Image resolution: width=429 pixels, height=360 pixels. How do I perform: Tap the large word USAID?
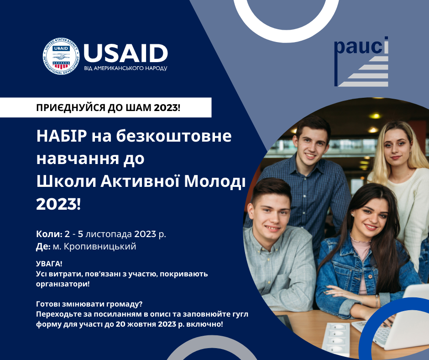[126, 53]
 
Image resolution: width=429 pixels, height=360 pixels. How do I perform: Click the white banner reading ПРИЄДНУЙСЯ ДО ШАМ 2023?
[108, 108]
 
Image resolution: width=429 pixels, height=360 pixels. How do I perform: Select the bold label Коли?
[48, 234]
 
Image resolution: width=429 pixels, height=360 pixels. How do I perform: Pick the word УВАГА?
[48, 265]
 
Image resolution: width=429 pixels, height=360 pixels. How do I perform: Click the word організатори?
[62, 283]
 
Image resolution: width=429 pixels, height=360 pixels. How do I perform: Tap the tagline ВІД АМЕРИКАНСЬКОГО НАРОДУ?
[126, 69]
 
